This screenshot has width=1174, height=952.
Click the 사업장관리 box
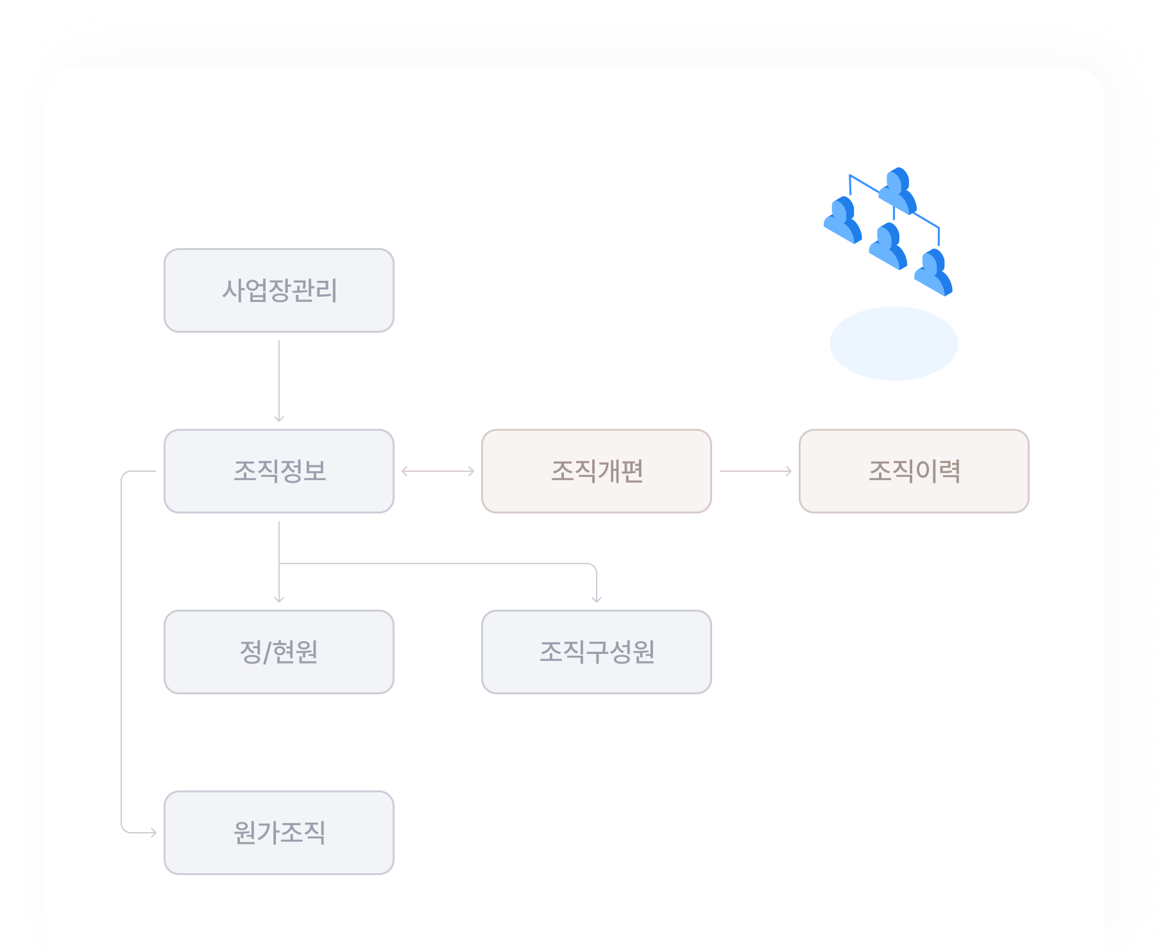point(279,290)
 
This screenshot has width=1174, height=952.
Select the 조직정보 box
point(279,471)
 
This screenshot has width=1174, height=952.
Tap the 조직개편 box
point(597,471)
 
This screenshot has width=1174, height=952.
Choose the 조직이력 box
point(914,471)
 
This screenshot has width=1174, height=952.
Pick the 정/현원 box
point(279,652)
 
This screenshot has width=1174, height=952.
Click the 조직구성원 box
point(597,652)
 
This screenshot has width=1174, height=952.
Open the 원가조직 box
point(279,833)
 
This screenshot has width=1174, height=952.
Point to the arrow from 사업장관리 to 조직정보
point(279,381)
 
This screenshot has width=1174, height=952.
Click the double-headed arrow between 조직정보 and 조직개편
point(438,471)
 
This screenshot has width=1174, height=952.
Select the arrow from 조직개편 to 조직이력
point(756,471)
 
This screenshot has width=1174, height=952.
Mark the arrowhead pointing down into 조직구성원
point(597,599)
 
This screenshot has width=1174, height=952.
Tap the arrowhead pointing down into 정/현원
point(279,599)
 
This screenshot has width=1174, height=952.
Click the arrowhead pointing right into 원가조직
point(153,833)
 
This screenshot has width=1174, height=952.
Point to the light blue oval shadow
point(894,344)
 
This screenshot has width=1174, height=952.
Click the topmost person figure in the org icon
point(898,190)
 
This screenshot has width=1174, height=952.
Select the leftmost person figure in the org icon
point(843,220)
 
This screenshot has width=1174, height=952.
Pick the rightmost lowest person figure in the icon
point(933,272)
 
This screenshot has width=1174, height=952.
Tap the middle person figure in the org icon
point(889,246)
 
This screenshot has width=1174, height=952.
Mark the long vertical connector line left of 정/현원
point(121,652)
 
